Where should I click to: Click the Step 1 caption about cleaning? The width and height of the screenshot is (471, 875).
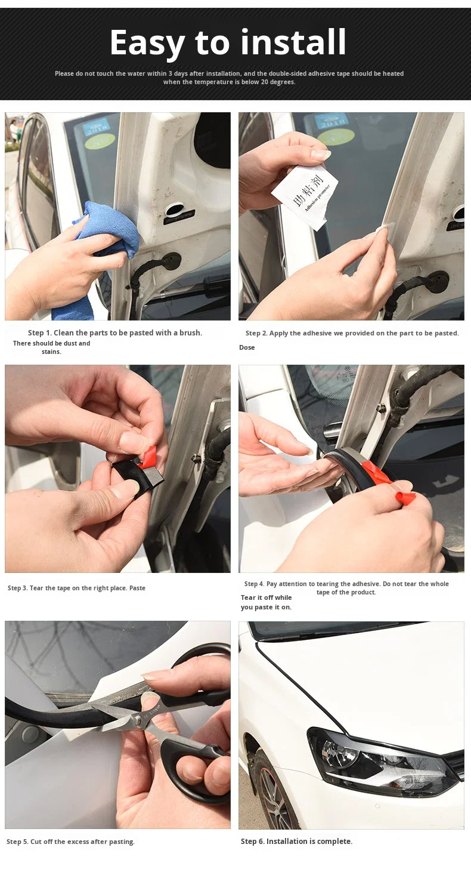click(115, 333)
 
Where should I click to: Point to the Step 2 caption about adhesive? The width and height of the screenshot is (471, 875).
click(352, 333)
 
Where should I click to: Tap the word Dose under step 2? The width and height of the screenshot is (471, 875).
click(247, 347)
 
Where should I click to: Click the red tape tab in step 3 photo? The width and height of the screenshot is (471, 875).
click(148, 457)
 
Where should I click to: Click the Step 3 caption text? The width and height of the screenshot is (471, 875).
click(76, 588)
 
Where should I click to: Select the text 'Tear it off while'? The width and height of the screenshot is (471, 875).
click(266, 597)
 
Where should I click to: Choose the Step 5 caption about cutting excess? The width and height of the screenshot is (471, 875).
click(70, 842)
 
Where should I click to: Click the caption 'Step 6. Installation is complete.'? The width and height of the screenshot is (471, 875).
click(296, 841)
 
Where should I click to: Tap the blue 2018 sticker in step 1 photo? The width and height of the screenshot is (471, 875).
click(95, 127)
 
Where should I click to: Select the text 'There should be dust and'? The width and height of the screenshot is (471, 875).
click(51, 343)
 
